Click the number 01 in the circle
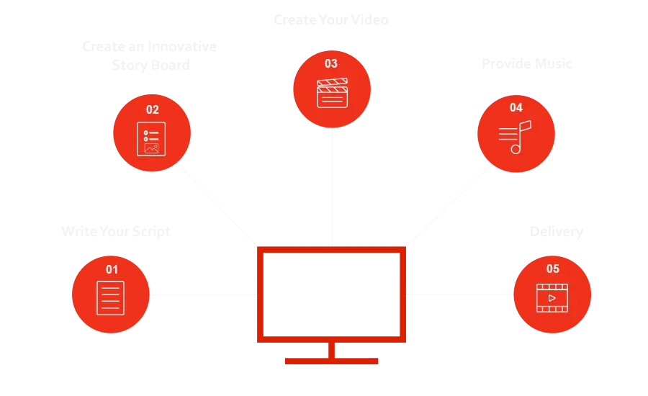pos(112,269)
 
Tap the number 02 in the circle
pos(152,110)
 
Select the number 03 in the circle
pos(330,63)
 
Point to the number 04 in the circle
pos(516,108)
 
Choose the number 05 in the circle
pos(552,269)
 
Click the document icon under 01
pos(111,297)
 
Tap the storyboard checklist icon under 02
pos(151,138)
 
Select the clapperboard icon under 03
pos(332,92)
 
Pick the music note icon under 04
pos(515,136)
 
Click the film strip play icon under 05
pos(552,297)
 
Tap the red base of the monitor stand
pos(331,360)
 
